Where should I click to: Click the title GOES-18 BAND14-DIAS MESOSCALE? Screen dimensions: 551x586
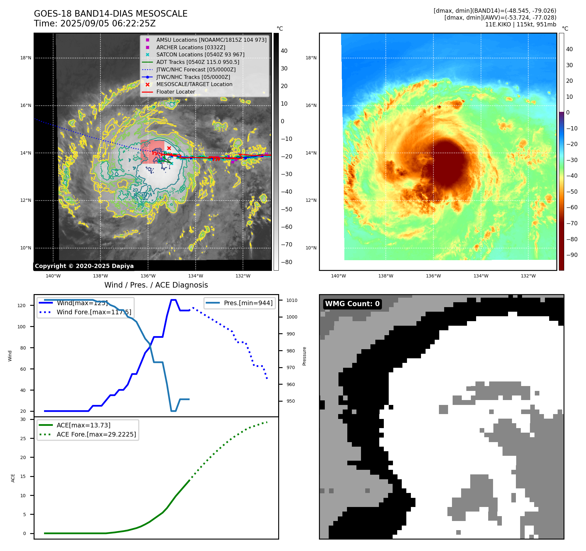point(111,14)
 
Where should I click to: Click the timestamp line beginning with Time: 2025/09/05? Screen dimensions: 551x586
point(95,23)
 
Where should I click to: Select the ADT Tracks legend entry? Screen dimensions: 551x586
point(198,62)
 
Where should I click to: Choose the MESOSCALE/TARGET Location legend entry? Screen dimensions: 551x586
point(194,84)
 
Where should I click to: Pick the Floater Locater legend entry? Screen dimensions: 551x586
point(175,92)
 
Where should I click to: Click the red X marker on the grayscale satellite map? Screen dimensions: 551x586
point(169,148)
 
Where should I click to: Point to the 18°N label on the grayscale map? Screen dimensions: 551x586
point(26,58)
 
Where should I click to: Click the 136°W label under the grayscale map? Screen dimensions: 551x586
point(148,276)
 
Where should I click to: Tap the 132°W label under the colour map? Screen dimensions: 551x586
point(528,276)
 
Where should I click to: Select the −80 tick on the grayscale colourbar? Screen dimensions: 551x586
point(287,262)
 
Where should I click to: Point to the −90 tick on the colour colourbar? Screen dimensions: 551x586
point(572,255)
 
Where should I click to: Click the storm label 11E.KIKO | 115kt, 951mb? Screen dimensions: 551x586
point(520,24)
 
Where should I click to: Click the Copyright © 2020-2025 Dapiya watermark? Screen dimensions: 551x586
point(84,266)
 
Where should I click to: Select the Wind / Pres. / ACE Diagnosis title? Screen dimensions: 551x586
point(156,285)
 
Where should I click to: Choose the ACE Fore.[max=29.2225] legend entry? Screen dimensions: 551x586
point(96,434)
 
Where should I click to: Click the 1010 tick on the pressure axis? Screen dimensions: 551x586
point(292,300)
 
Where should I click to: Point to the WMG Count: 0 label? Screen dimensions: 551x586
point(352,304)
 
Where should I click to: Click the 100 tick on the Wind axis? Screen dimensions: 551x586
point(22,327)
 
